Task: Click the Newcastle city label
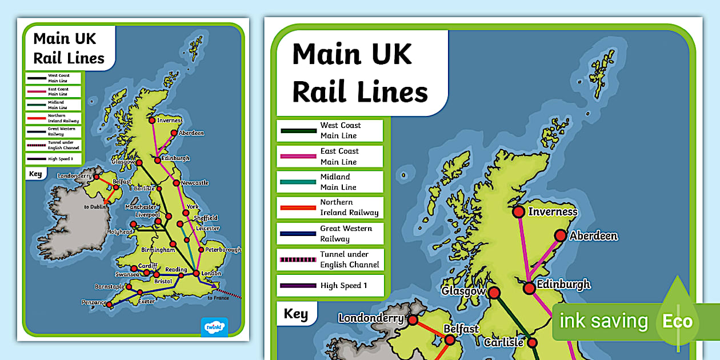pos(195,183)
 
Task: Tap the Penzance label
pos(94,302)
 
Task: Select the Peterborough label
pos(223,250)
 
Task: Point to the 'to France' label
pos(218,298)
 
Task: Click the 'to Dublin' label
pos(95,207)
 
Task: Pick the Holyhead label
pos(121,231)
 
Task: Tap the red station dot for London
pos(197,274)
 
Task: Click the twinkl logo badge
pos(214,327)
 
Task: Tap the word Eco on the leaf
pos(677,321)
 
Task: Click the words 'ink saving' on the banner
pos(603,321)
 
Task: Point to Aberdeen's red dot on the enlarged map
pos(561,235)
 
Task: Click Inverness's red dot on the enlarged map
pos(518,212)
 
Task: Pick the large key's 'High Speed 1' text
pos(343,286)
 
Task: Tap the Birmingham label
pos(158,250)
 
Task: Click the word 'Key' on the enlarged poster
pos(295,314)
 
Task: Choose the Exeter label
pos(146,301)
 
